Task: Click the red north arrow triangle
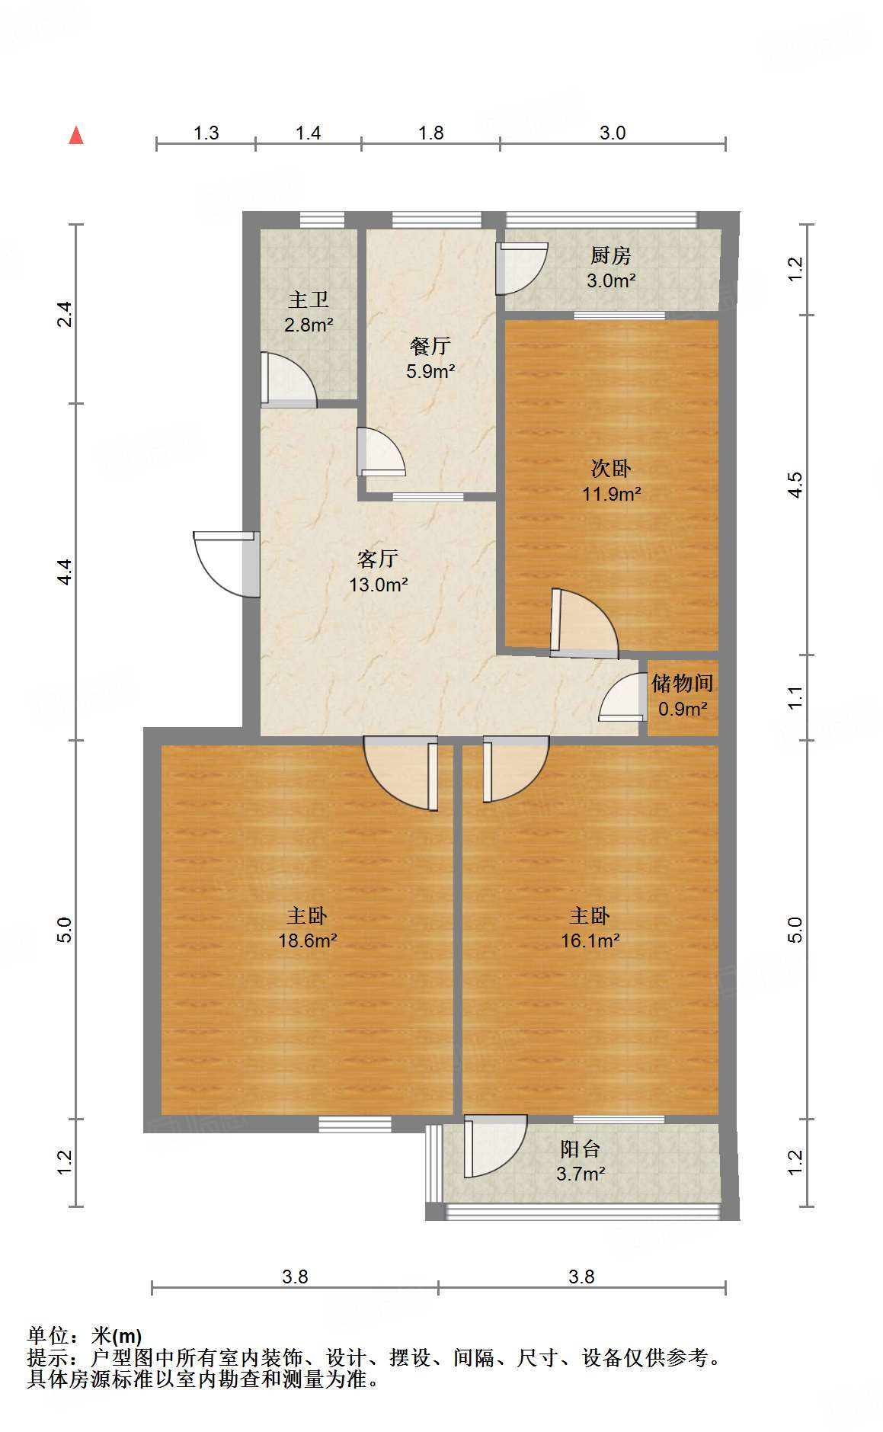(x=76, y=136)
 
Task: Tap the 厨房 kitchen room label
(x=611, y=255)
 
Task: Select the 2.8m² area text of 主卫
(x=309, y=325)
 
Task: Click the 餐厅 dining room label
(x=430, y=346)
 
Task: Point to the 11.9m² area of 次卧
(x=611, y=494)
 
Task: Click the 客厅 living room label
(x=378, y=559)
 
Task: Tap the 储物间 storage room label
(x=683, y=683)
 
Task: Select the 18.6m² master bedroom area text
(x=308, y=941)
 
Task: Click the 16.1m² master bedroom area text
(x=590, y=941)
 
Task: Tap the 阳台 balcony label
(x=581, y=1148)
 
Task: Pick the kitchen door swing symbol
(x=520, y=268)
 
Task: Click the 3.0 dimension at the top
(x=613, y=133)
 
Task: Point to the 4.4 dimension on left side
(x=66, y=572)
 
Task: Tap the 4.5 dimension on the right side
(x=795, y=485)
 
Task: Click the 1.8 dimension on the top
(x=430, y=133)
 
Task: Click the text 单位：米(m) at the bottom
(x=85, y=1336)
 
